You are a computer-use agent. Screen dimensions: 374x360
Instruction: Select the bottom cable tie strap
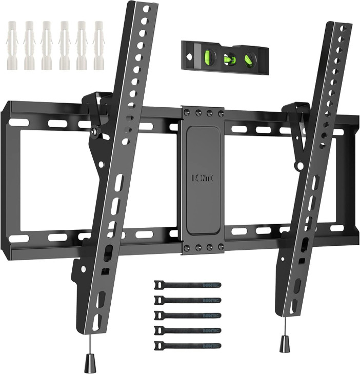click(x=187, y=346)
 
